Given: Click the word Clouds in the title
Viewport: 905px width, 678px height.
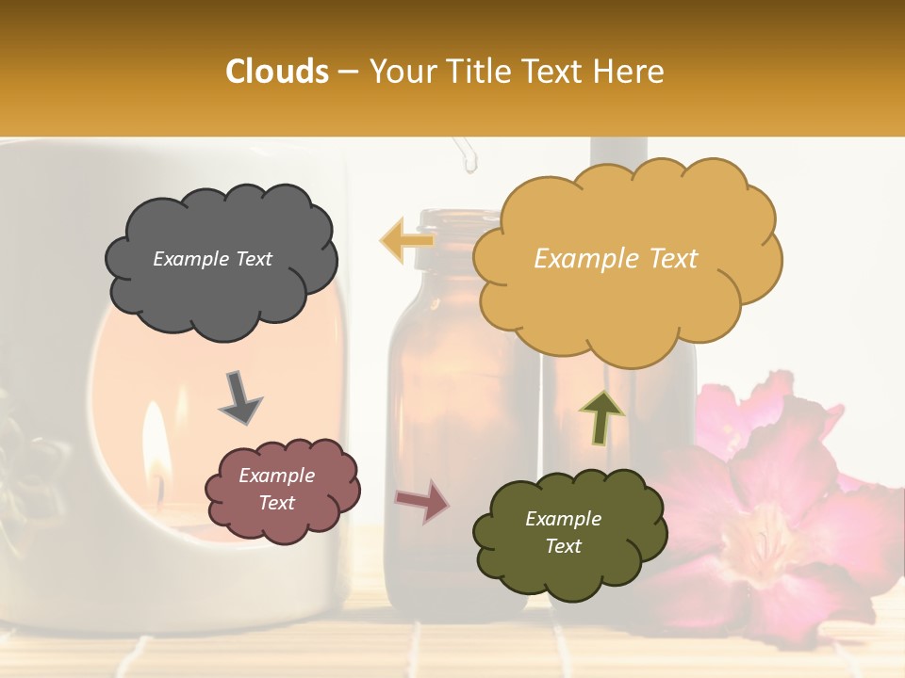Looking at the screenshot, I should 277,72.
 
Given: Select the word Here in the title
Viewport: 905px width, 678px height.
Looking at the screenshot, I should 630,72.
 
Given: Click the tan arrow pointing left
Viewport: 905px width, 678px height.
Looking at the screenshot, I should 405,241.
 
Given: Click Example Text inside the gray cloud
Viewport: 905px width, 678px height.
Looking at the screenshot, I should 212,259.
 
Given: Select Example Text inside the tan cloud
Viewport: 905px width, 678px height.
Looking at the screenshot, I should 616,259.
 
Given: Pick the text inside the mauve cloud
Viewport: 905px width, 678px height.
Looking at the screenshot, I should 276,489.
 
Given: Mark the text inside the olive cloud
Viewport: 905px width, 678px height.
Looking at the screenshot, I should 563,532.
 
